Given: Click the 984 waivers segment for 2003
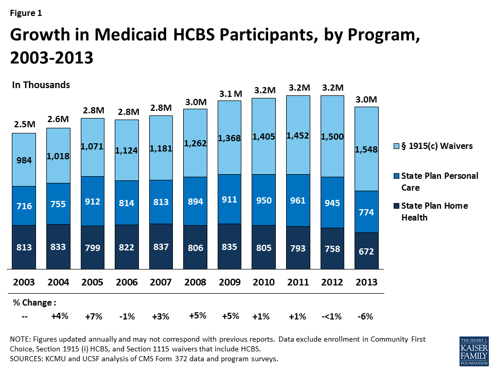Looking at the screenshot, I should point(24,160).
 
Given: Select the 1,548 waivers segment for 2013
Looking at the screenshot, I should point(366,149).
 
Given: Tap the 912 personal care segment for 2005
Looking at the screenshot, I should point(93,201).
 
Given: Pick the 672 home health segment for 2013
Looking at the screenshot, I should point(366,251).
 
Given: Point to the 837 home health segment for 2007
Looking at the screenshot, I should point(161,246).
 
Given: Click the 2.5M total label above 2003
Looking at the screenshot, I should point(24,125).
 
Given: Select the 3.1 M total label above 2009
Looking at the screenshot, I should point(230,93).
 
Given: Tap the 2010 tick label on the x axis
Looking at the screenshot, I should point(263,282).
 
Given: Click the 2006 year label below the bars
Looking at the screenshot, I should point(127,282).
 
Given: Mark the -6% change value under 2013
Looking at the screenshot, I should point(365,317).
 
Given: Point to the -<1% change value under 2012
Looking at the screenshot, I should point(331,317).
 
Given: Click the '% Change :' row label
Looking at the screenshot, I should point(33,302).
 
